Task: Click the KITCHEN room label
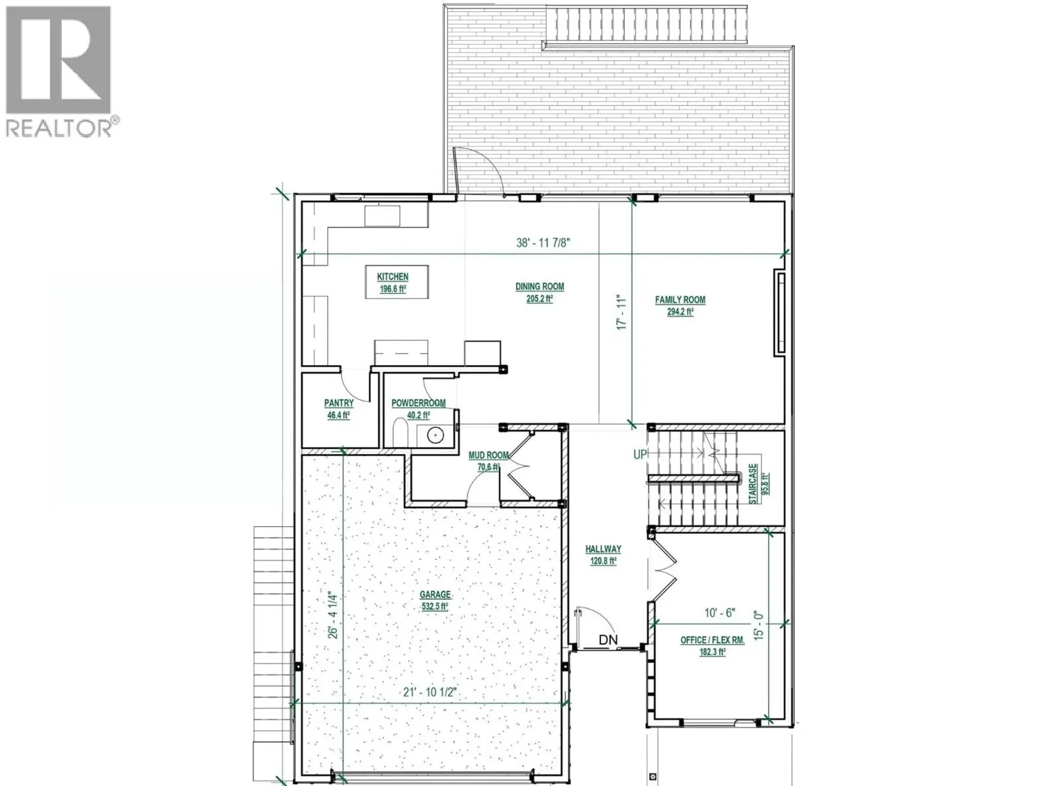(x=393, y=277)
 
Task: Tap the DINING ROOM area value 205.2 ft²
(x=539, y=299)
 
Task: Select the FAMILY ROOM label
(x=680, y=300)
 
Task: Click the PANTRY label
(x=339, y=403)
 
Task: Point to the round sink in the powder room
(x=435, y=436)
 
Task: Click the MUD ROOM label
(x=489, y=455)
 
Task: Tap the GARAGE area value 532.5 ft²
(x=435, y=606)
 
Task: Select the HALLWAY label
(x=603, y=549)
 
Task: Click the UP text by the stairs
(x=640, y=454)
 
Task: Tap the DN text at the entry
(x=608, y=640)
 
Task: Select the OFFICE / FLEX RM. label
(x=712, y=640)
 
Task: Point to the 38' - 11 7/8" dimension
(x=543, y=242)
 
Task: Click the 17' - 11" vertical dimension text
(x=622, y=312)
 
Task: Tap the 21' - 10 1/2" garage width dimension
(x=429, y=692)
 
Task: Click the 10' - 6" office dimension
(x=719, y=613)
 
